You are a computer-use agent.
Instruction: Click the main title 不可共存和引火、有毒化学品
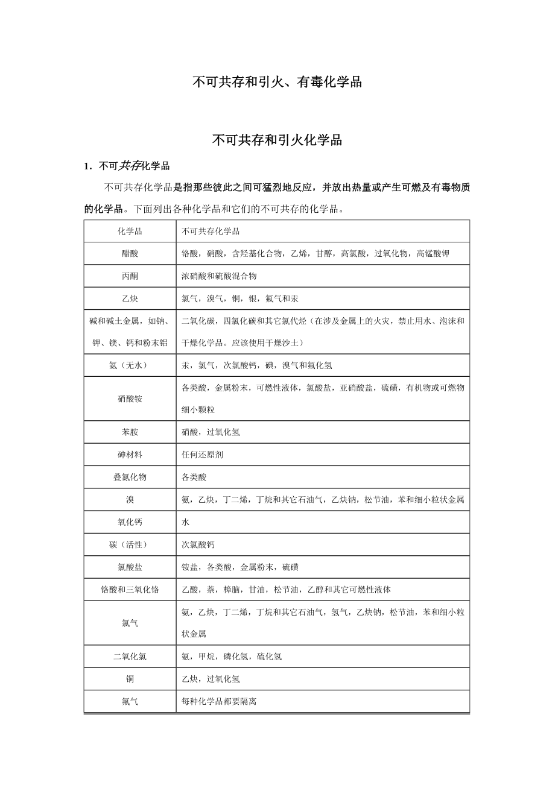(277, 82)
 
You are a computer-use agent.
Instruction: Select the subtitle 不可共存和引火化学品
(277, 140)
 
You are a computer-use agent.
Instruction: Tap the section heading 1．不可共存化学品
(127, 166)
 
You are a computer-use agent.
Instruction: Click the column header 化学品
(130, 232)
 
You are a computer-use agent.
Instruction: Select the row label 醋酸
(130, 254)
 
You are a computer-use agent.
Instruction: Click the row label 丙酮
(130, 276)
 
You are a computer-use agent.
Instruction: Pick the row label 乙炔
(130, 298)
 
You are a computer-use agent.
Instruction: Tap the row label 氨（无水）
(130, 365)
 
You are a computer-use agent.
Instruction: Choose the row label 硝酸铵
(130, 399)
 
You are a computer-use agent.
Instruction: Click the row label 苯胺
(130, 432)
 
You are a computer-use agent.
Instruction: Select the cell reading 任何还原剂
(202, 455)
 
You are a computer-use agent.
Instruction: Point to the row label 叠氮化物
(130, 477)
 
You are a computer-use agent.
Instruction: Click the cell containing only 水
(186, 522)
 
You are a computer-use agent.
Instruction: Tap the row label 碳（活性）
(130, 544)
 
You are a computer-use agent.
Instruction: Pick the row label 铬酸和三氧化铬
(130, 589)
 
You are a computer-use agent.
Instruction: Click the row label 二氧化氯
(130, 657)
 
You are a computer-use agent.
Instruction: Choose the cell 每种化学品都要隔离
(219, 701)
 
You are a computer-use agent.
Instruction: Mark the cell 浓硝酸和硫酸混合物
(219, 276)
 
